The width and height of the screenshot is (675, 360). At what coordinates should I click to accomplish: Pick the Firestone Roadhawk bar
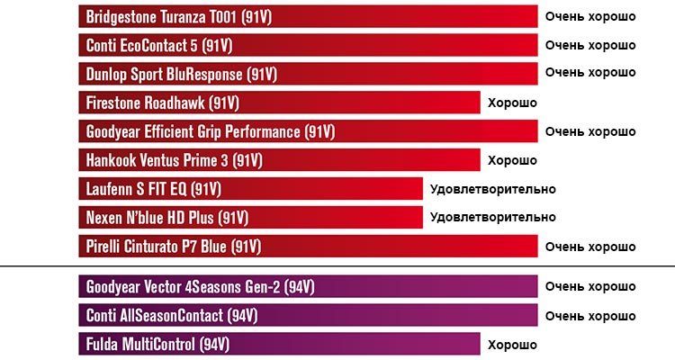[x=279, y=103]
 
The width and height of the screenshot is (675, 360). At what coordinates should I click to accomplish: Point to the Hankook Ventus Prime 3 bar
[x=279, y=160]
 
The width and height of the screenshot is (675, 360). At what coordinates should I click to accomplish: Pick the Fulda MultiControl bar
[x=279, y=345]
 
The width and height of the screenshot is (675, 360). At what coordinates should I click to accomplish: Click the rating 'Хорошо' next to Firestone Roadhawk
[x=512, y=103]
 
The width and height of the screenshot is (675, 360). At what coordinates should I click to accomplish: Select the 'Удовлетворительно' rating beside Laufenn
[x=492, y=189]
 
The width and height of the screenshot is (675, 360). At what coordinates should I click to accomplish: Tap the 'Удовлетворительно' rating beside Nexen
[x=492, y=218]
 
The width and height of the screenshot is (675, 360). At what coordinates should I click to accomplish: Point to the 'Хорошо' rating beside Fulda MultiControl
[x=512, y=345]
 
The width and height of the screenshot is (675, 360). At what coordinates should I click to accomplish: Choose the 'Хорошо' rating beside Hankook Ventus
[x=512, y=160]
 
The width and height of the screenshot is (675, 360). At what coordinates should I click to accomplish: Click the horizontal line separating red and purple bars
[x=337, y=267]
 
